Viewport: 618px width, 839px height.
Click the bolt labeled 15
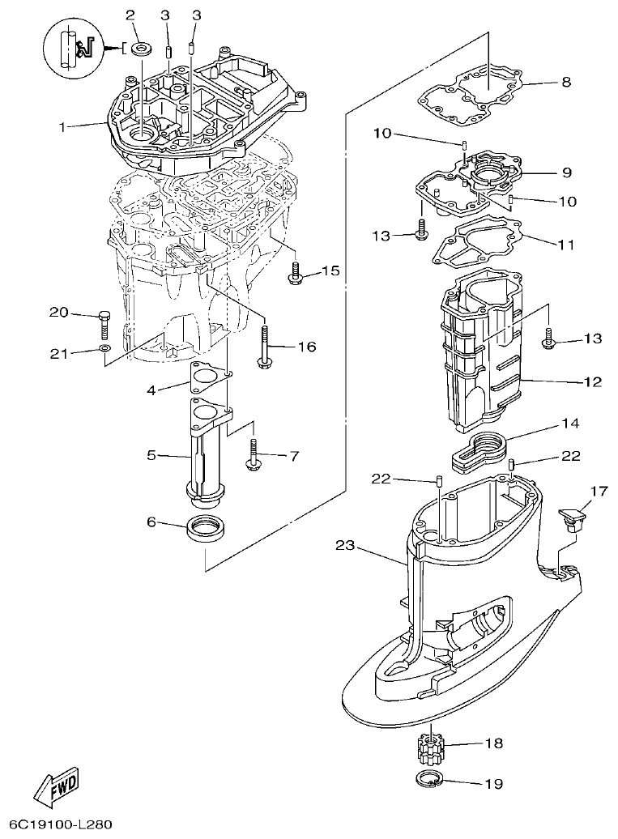point(295,273)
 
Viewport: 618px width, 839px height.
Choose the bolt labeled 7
point(254,455)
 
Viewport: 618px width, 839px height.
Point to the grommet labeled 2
point(142,49)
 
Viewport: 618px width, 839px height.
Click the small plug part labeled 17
point(572,517)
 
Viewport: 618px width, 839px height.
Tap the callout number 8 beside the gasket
point(566,82)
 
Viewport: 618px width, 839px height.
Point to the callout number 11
point(566,242)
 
